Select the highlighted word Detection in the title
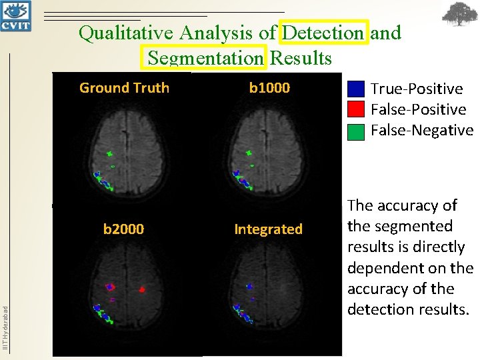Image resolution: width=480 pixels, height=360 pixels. click(324, 32)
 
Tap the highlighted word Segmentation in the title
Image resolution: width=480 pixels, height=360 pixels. click(206, 58)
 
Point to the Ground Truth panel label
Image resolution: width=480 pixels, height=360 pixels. click(124, 87)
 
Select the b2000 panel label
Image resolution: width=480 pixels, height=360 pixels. click(123, 229)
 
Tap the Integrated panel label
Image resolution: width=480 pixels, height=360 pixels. click(268, 229)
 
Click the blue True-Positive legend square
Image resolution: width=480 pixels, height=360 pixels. click(357, 89)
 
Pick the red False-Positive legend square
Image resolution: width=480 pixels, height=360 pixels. click(357, 109)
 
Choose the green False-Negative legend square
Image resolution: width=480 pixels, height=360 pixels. click(357, 131)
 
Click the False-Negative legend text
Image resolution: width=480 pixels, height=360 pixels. click(422, 130)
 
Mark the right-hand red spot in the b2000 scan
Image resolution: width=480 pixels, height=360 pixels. click(142, 290)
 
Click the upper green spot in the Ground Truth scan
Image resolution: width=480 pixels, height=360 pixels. click(110, 154)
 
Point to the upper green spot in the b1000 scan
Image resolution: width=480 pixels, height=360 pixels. click(249, 154)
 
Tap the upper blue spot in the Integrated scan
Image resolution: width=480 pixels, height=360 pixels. click(249, 286)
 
